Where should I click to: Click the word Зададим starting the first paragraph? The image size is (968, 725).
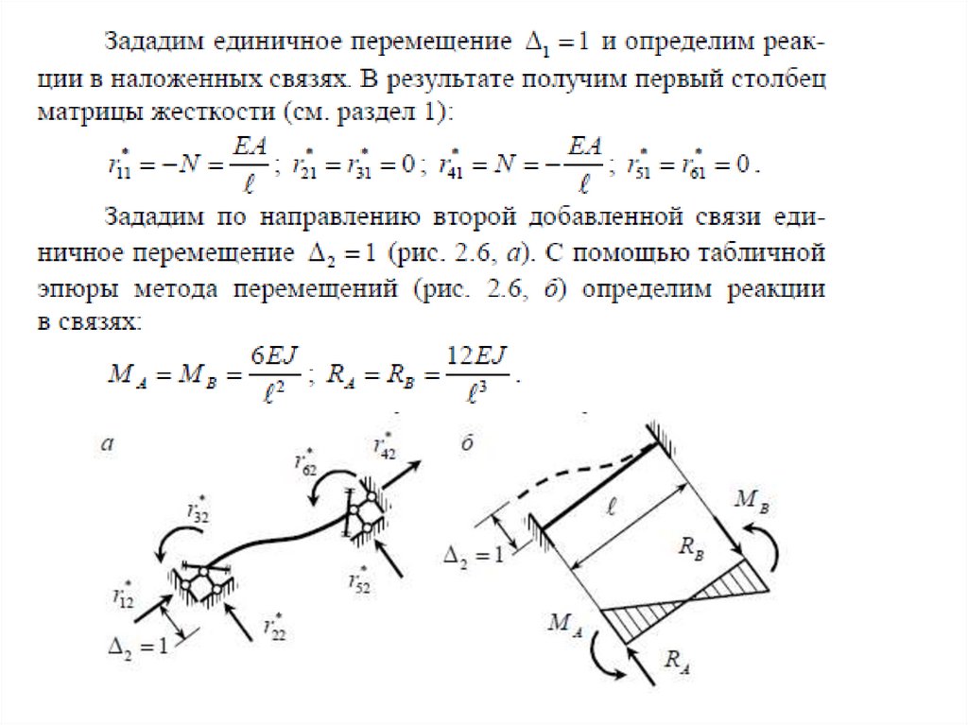click(153, 43)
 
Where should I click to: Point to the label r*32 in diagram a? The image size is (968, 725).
click(197, 511)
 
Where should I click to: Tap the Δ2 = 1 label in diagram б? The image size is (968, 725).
click(475, 556)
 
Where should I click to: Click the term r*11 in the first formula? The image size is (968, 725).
click(120, 167)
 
